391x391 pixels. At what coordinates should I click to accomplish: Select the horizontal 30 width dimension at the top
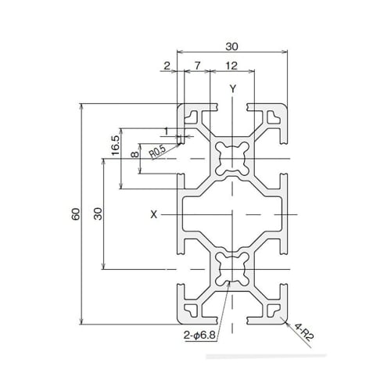tap(232, 45)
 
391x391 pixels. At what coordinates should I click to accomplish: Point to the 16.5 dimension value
tap(115, 145)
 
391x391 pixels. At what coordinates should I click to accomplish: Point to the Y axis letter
tap(232, 88)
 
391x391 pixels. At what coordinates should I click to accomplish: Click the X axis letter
tap(154, 213)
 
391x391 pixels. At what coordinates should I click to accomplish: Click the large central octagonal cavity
tap(232, 213)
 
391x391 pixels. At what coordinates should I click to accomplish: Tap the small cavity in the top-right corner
tap(273, 117)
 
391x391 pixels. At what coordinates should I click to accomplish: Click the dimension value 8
tap(135, 155)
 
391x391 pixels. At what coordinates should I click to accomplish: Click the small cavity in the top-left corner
tap(192, 117)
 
